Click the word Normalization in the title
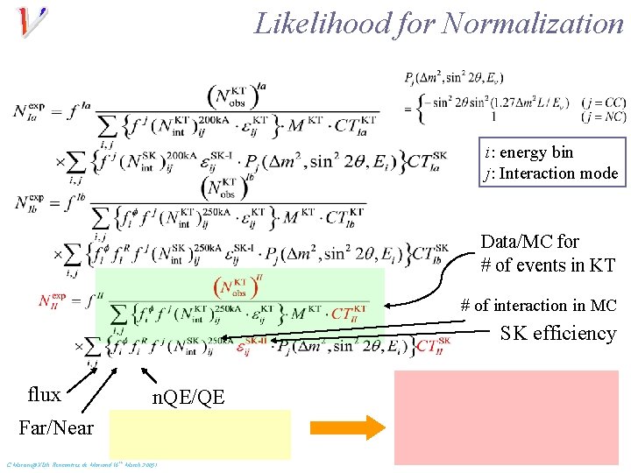533,24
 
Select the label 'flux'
45,394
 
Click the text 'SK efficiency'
558,333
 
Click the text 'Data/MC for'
530,241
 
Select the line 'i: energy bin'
528,152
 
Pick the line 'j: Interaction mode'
550,173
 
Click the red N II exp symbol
53,301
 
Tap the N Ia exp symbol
29,109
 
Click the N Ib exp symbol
29,201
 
